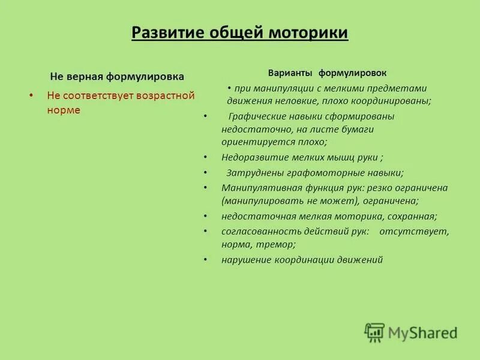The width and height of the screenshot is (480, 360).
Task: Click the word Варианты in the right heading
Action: (290, 73)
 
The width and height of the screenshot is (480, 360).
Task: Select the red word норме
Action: (63, 110)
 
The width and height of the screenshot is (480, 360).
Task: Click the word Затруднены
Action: (250, 173)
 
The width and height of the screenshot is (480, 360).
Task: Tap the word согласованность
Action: (256, 231)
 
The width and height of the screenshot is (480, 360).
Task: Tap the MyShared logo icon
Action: (374, 332)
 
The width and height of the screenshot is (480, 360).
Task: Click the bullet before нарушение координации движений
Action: (205, 260)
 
